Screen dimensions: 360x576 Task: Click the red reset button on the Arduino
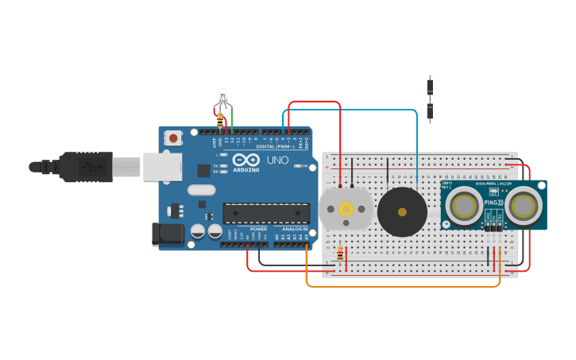pos(173,138)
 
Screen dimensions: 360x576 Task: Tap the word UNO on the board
pos(277,160)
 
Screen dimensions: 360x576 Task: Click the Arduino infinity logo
pos(246,160)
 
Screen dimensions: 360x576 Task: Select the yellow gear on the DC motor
pos(346,209)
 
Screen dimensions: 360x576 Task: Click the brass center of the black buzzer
pos(402,212)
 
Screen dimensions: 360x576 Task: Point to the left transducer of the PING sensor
pos(462,206)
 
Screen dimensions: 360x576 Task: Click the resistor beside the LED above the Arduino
pos(220,120)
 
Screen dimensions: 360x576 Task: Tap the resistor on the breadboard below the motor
pos(341,254)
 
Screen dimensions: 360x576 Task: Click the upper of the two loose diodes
pos(430,86)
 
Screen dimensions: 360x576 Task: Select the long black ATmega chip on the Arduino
pos(266,213)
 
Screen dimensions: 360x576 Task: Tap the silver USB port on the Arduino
pos(162,166)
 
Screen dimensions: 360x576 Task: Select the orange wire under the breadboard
pos(397,285)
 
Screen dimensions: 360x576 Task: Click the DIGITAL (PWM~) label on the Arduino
pos(275,146)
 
